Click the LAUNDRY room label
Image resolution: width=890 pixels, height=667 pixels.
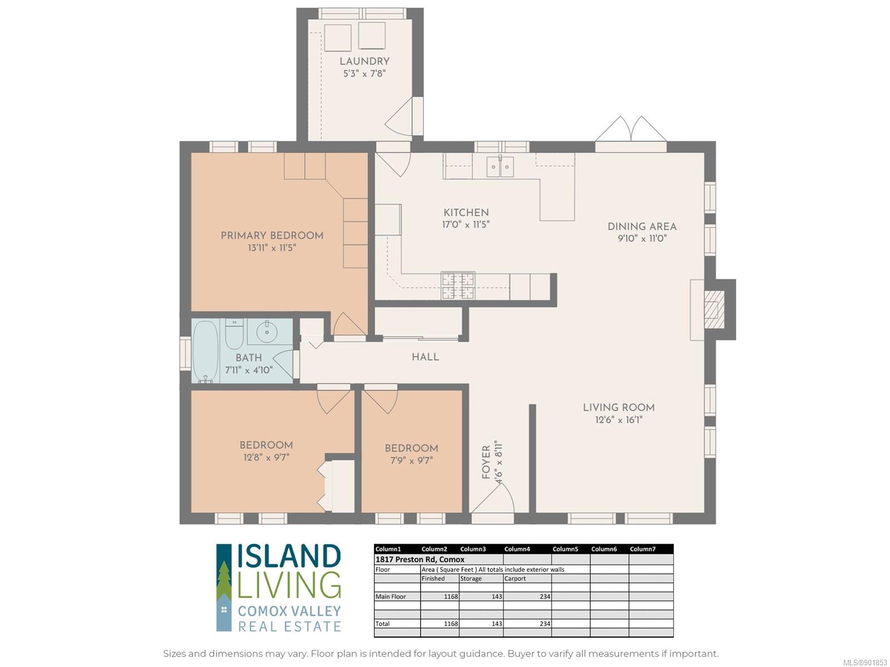point(364,61)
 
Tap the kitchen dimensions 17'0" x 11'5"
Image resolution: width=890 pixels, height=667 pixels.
point(466,225)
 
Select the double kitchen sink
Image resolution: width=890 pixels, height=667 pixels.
point(500,166)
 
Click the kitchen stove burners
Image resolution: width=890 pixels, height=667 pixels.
point(458,285)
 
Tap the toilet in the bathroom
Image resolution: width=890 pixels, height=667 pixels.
point(234,333)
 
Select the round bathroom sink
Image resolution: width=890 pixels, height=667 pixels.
point(267,332)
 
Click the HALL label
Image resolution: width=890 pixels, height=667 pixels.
point(425,357)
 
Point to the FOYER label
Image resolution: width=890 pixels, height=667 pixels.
point(486,462)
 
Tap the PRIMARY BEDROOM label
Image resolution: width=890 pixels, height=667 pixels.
point(272,235)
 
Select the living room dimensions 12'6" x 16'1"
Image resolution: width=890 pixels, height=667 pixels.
point(619,420)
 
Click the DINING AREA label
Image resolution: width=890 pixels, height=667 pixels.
point(642,226)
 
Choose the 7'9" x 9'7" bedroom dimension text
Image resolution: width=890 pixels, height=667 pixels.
point(412,460)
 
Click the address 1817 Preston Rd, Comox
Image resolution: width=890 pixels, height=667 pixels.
point(419,559)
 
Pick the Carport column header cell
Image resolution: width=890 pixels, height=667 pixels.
point(515,578)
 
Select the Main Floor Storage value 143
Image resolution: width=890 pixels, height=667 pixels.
point(497,596)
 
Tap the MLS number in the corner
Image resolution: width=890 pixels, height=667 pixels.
point(866,663)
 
